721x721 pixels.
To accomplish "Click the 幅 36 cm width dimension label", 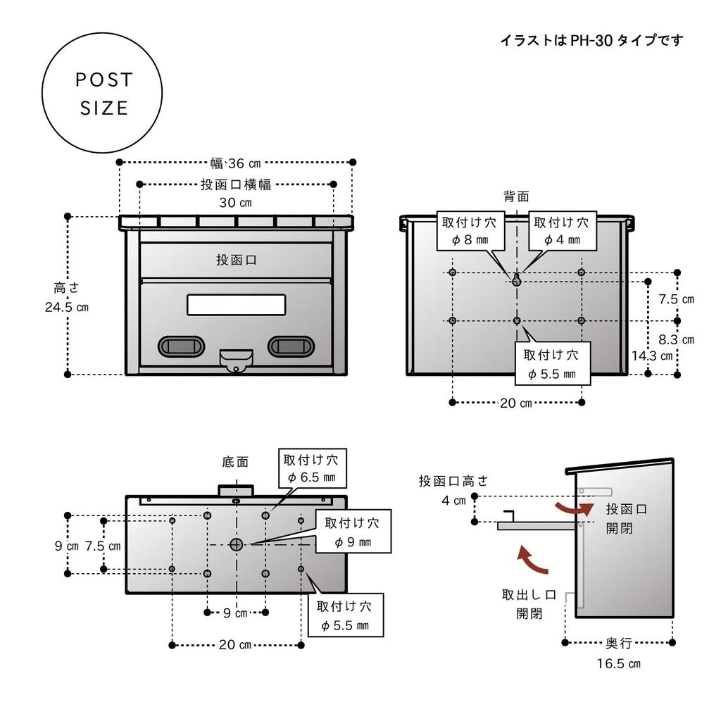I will click(235, 163).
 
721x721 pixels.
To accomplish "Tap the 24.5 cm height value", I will click(67, 307).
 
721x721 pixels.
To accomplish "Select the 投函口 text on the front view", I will click(236, 260).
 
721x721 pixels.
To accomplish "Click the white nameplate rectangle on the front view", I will click(236, 304).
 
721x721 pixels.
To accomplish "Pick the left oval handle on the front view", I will click(181, 345).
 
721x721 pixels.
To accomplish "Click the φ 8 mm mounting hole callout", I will click(469, 231).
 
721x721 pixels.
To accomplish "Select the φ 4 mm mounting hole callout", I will click(561, 231).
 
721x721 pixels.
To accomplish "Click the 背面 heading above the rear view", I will click(516, 196).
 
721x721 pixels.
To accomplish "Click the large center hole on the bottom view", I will click(236, 544).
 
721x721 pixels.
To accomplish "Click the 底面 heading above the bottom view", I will click(235, 462).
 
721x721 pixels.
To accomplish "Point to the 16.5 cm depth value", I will click(619, 663).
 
